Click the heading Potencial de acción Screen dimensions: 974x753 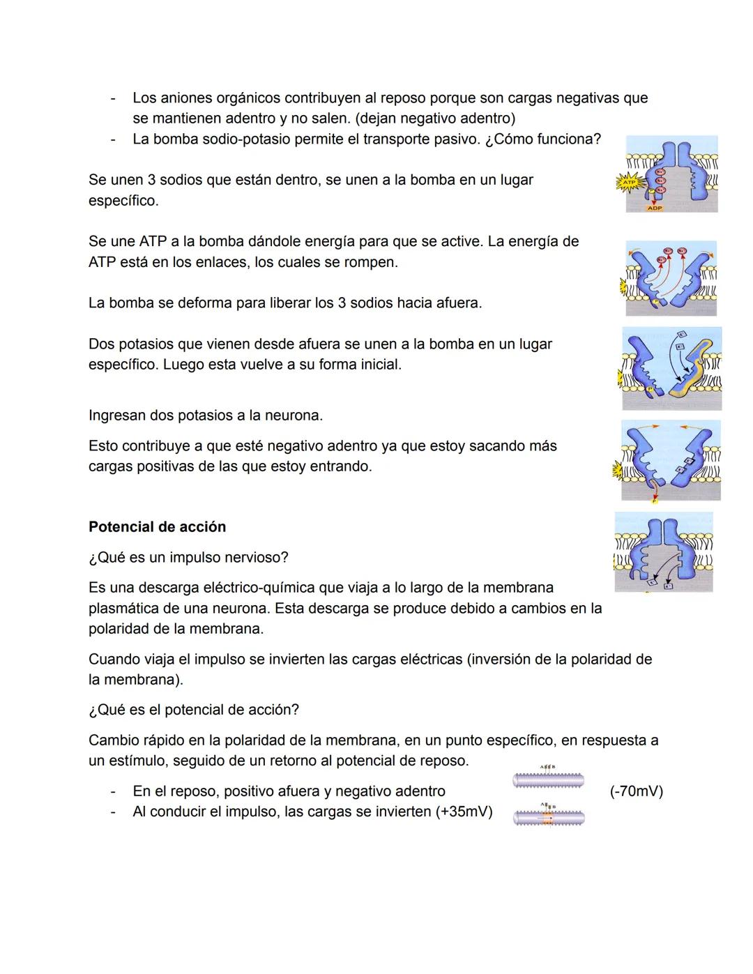157,527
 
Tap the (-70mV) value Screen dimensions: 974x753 636,791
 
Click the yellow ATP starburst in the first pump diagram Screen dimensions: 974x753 627,183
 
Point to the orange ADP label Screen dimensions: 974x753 654,208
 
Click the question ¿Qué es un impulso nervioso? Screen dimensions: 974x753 188,558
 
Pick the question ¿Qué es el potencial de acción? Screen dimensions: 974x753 194,710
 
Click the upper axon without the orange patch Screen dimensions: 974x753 548,781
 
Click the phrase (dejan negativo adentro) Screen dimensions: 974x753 436,119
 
